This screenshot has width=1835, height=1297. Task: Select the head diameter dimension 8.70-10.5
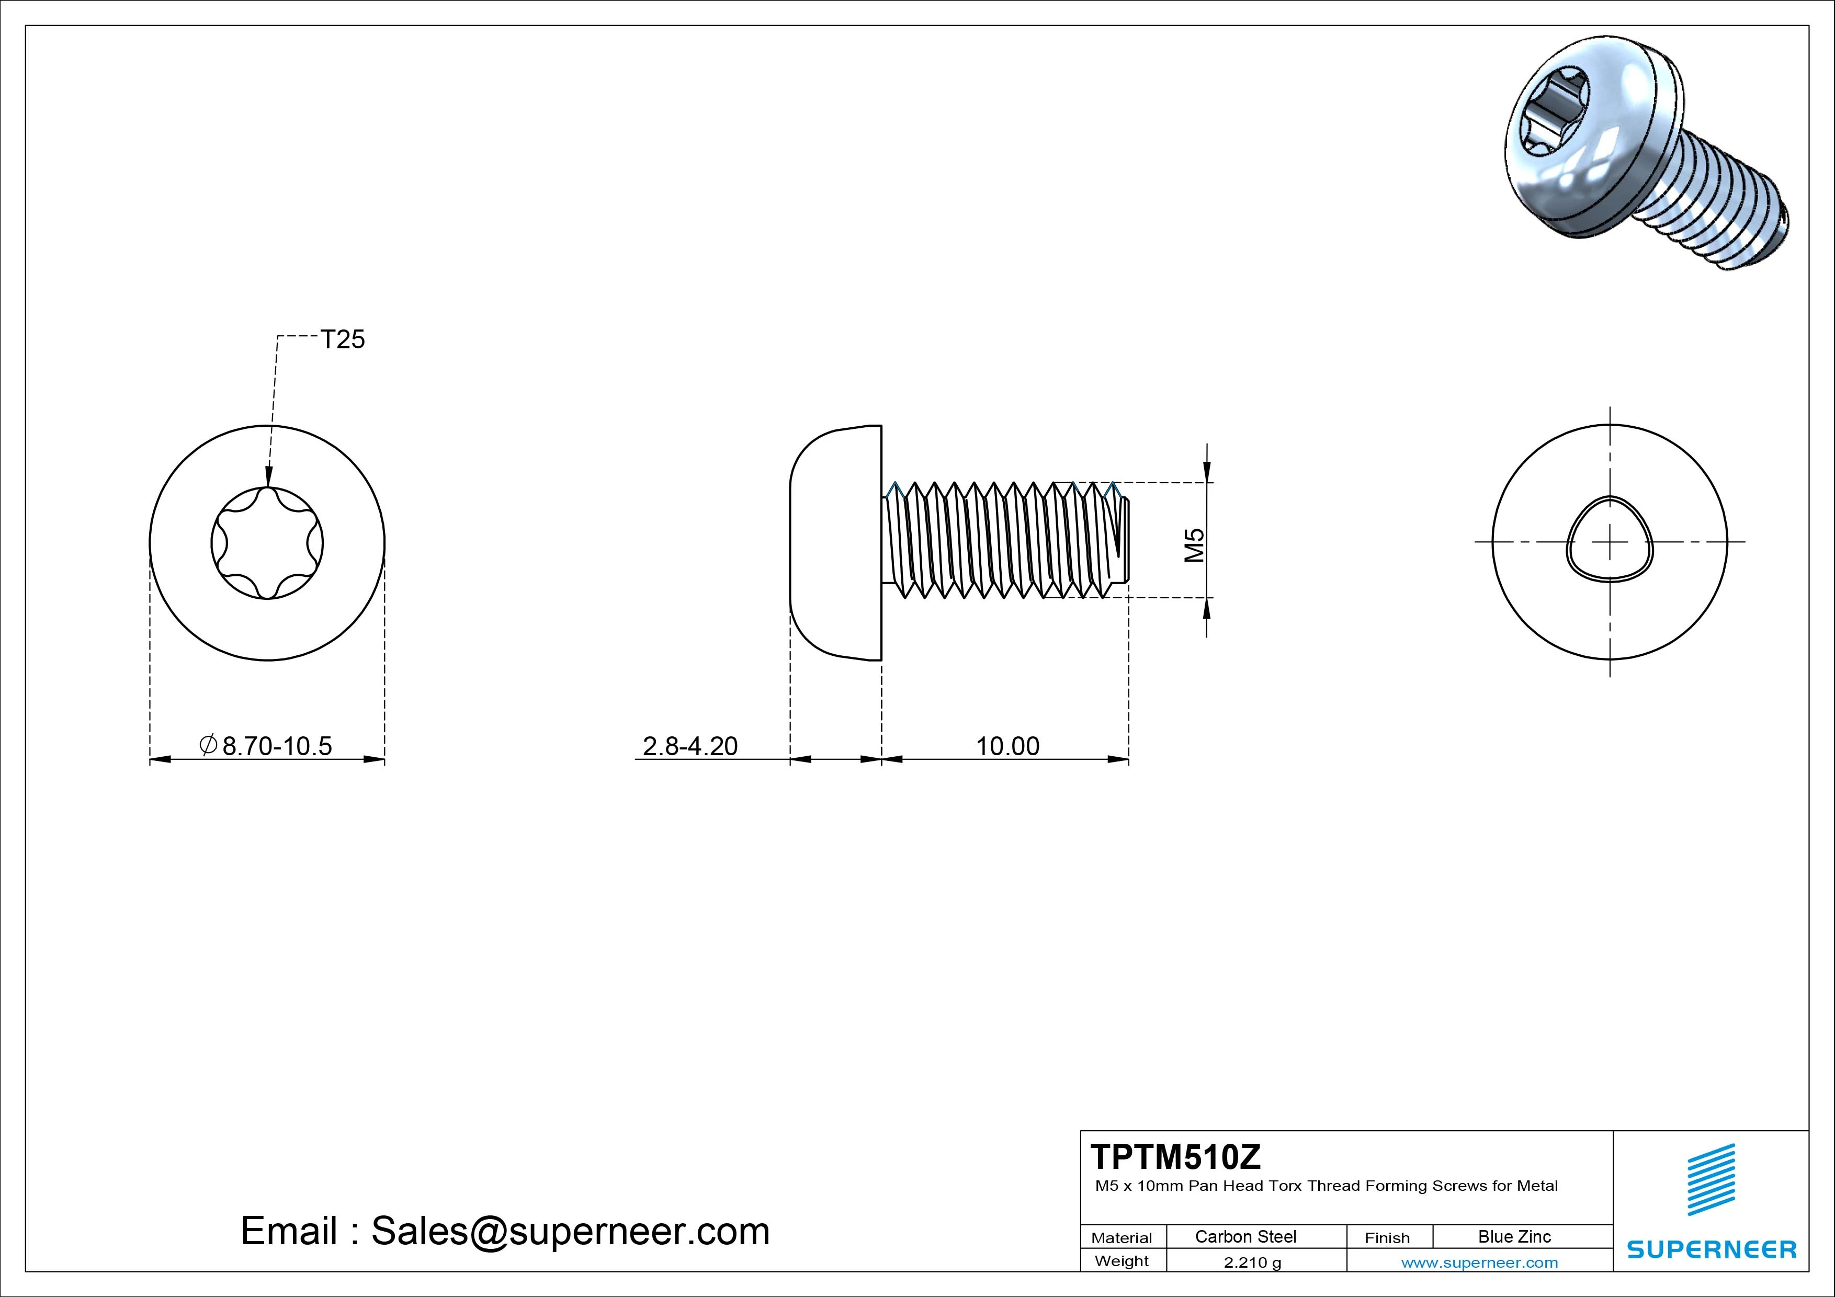276,746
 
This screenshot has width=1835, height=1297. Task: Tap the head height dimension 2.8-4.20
690,746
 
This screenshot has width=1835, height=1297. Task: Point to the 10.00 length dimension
1007,746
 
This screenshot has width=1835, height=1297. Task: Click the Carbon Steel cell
1245,1236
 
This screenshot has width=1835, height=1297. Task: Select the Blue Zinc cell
1514,1236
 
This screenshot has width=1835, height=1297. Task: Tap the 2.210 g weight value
1252,1262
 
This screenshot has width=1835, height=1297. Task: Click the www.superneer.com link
1479,1262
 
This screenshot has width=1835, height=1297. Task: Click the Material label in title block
1122,1238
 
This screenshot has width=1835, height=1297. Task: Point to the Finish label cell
1387,1238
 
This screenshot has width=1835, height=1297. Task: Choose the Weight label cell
1122,1261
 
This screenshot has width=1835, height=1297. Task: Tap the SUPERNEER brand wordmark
1711,1249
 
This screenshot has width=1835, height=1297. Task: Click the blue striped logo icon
1711,1179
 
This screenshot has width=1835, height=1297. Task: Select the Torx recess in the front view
267,543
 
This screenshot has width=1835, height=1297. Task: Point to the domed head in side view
836,543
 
